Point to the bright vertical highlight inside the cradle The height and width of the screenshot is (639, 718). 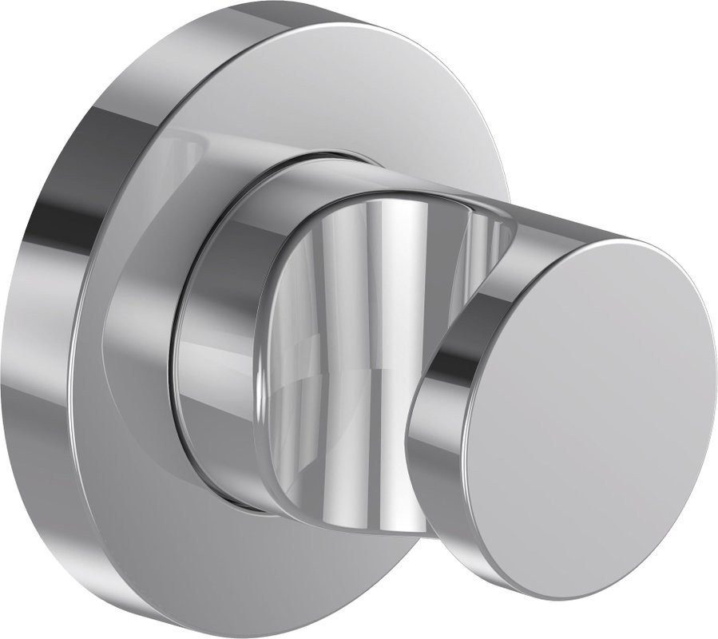coord(391,264)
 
